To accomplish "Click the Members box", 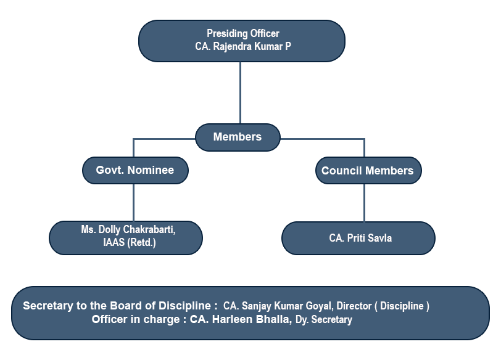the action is pos(238,137).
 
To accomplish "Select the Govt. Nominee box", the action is pos(135,170).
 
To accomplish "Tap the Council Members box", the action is pos(368,170).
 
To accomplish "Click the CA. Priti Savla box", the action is pos(358,238).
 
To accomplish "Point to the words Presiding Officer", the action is pos(243,33).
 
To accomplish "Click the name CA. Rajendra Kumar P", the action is pos(243,46).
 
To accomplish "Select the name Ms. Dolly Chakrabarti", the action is pos(128,229).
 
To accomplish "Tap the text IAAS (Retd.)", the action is pos(130,242).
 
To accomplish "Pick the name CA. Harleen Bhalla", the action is pos(241,319).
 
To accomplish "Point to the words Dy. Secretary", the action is pos(324,319).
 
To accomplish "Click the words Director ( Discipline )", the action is pos(383,306).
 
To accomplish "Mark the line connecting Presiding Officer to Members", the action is pos(240,92).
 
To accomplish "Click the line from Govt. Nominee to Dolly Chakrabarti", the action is pos(133,202).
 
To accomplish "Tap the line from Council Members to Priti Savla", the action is pos(364,203).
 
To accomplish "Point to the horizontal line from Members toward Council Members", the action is pos(323,139).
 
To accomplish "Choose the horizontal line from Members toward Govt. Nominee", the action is pos(164,139).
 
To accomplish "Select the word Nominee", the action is pos(151,170).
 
